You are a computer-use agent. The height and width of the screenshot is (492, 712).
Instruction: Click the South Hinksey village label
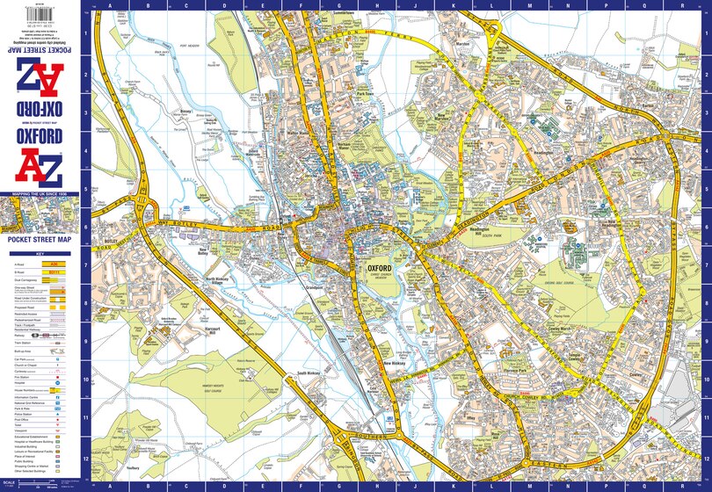tap(313, 373)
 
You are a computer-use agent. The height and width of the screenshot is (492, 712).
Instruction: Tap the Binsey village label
tap(185, 112)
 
